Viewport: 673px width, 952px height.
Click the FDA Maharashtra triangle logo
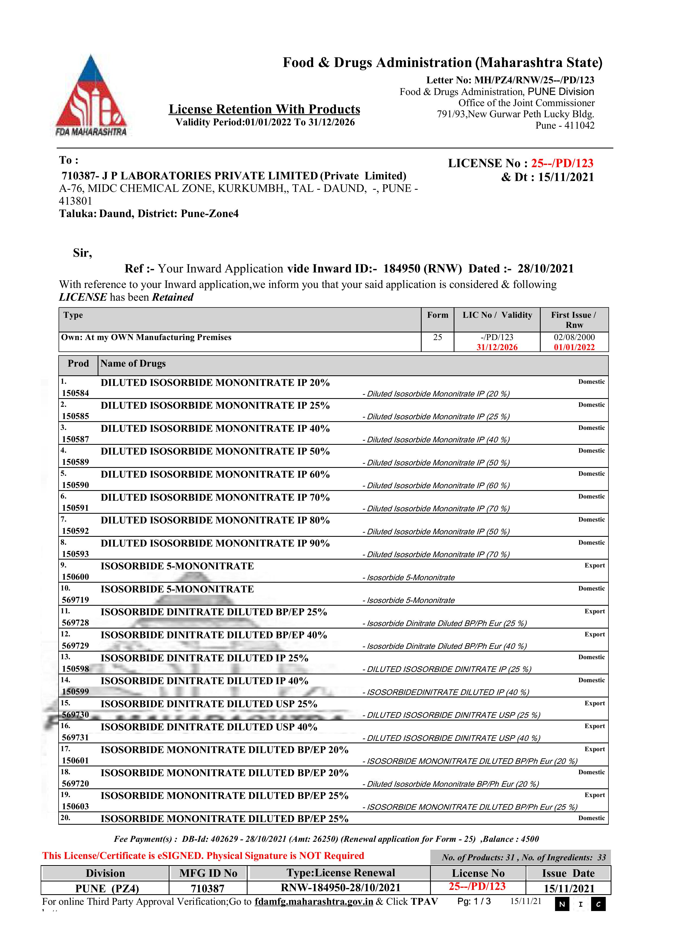pyautogui.click(x=91, y=95)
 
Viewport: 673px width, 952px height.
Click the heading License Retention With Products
pyautogui.click(x=264, y=109)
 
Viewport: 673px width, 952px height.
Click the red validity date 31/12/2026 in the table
pyautogui.click(x=496, y=347)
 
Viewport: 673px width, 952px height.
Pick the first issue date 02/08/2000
pyautogui.click(x=574, y=337)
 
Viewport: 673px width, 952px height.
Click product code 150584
pyautogui.click(x=75, y=393)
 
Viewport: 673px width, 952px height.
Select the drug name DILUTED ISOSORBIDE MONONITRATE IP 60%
pyautogui.click(x=215, y=474)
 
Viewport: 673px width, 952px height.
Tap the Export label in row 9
pyautogui.click(x=594, y=566)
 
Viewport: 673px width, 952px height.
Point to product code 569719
pyautogui.click(x=75, y=600)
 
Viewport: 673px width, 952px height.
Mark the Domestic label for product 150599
pyautogui.click(x=591, y=680)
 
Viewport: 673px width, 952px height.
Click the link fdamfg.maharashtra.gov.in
pyautogui.click(x=314, y=902)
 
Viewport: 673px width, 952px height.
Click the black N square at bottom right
pyautogui.click(x=562, y=904)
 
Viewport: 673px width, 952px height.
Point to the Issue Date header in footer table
pyautogui.click(x=568, y=873)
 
